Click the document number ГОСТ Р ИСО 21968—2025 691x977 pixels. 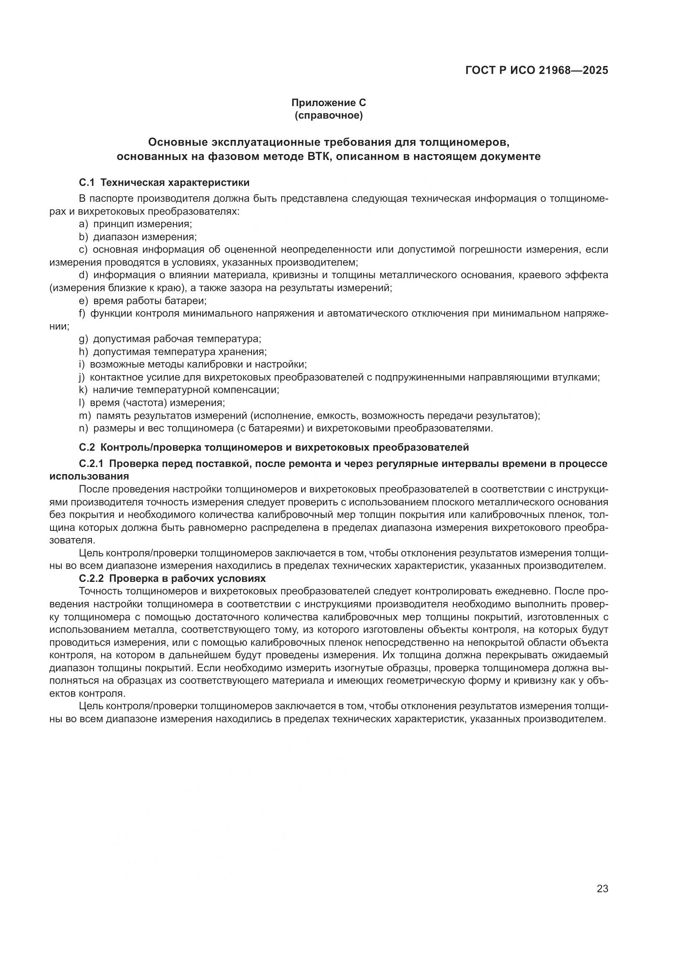[x=536, y=70]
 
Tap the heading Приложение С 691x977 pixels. [x=328, y=103]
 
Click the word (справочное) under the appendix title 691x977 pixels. [x=328, y=115]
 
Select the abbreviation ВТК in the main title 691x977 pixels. [x=319, y=157]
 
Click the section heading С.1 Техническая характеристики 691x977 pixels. [x=164, y=183]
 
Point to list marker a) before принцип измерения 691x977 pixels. [x=83, y=224]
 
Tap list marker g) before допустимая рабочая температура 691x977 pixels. [x=83, y=339]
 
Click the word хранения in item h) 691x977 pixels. [x=243, y=352]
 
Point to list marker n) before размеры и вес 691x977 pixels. [x=83, y=428]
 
